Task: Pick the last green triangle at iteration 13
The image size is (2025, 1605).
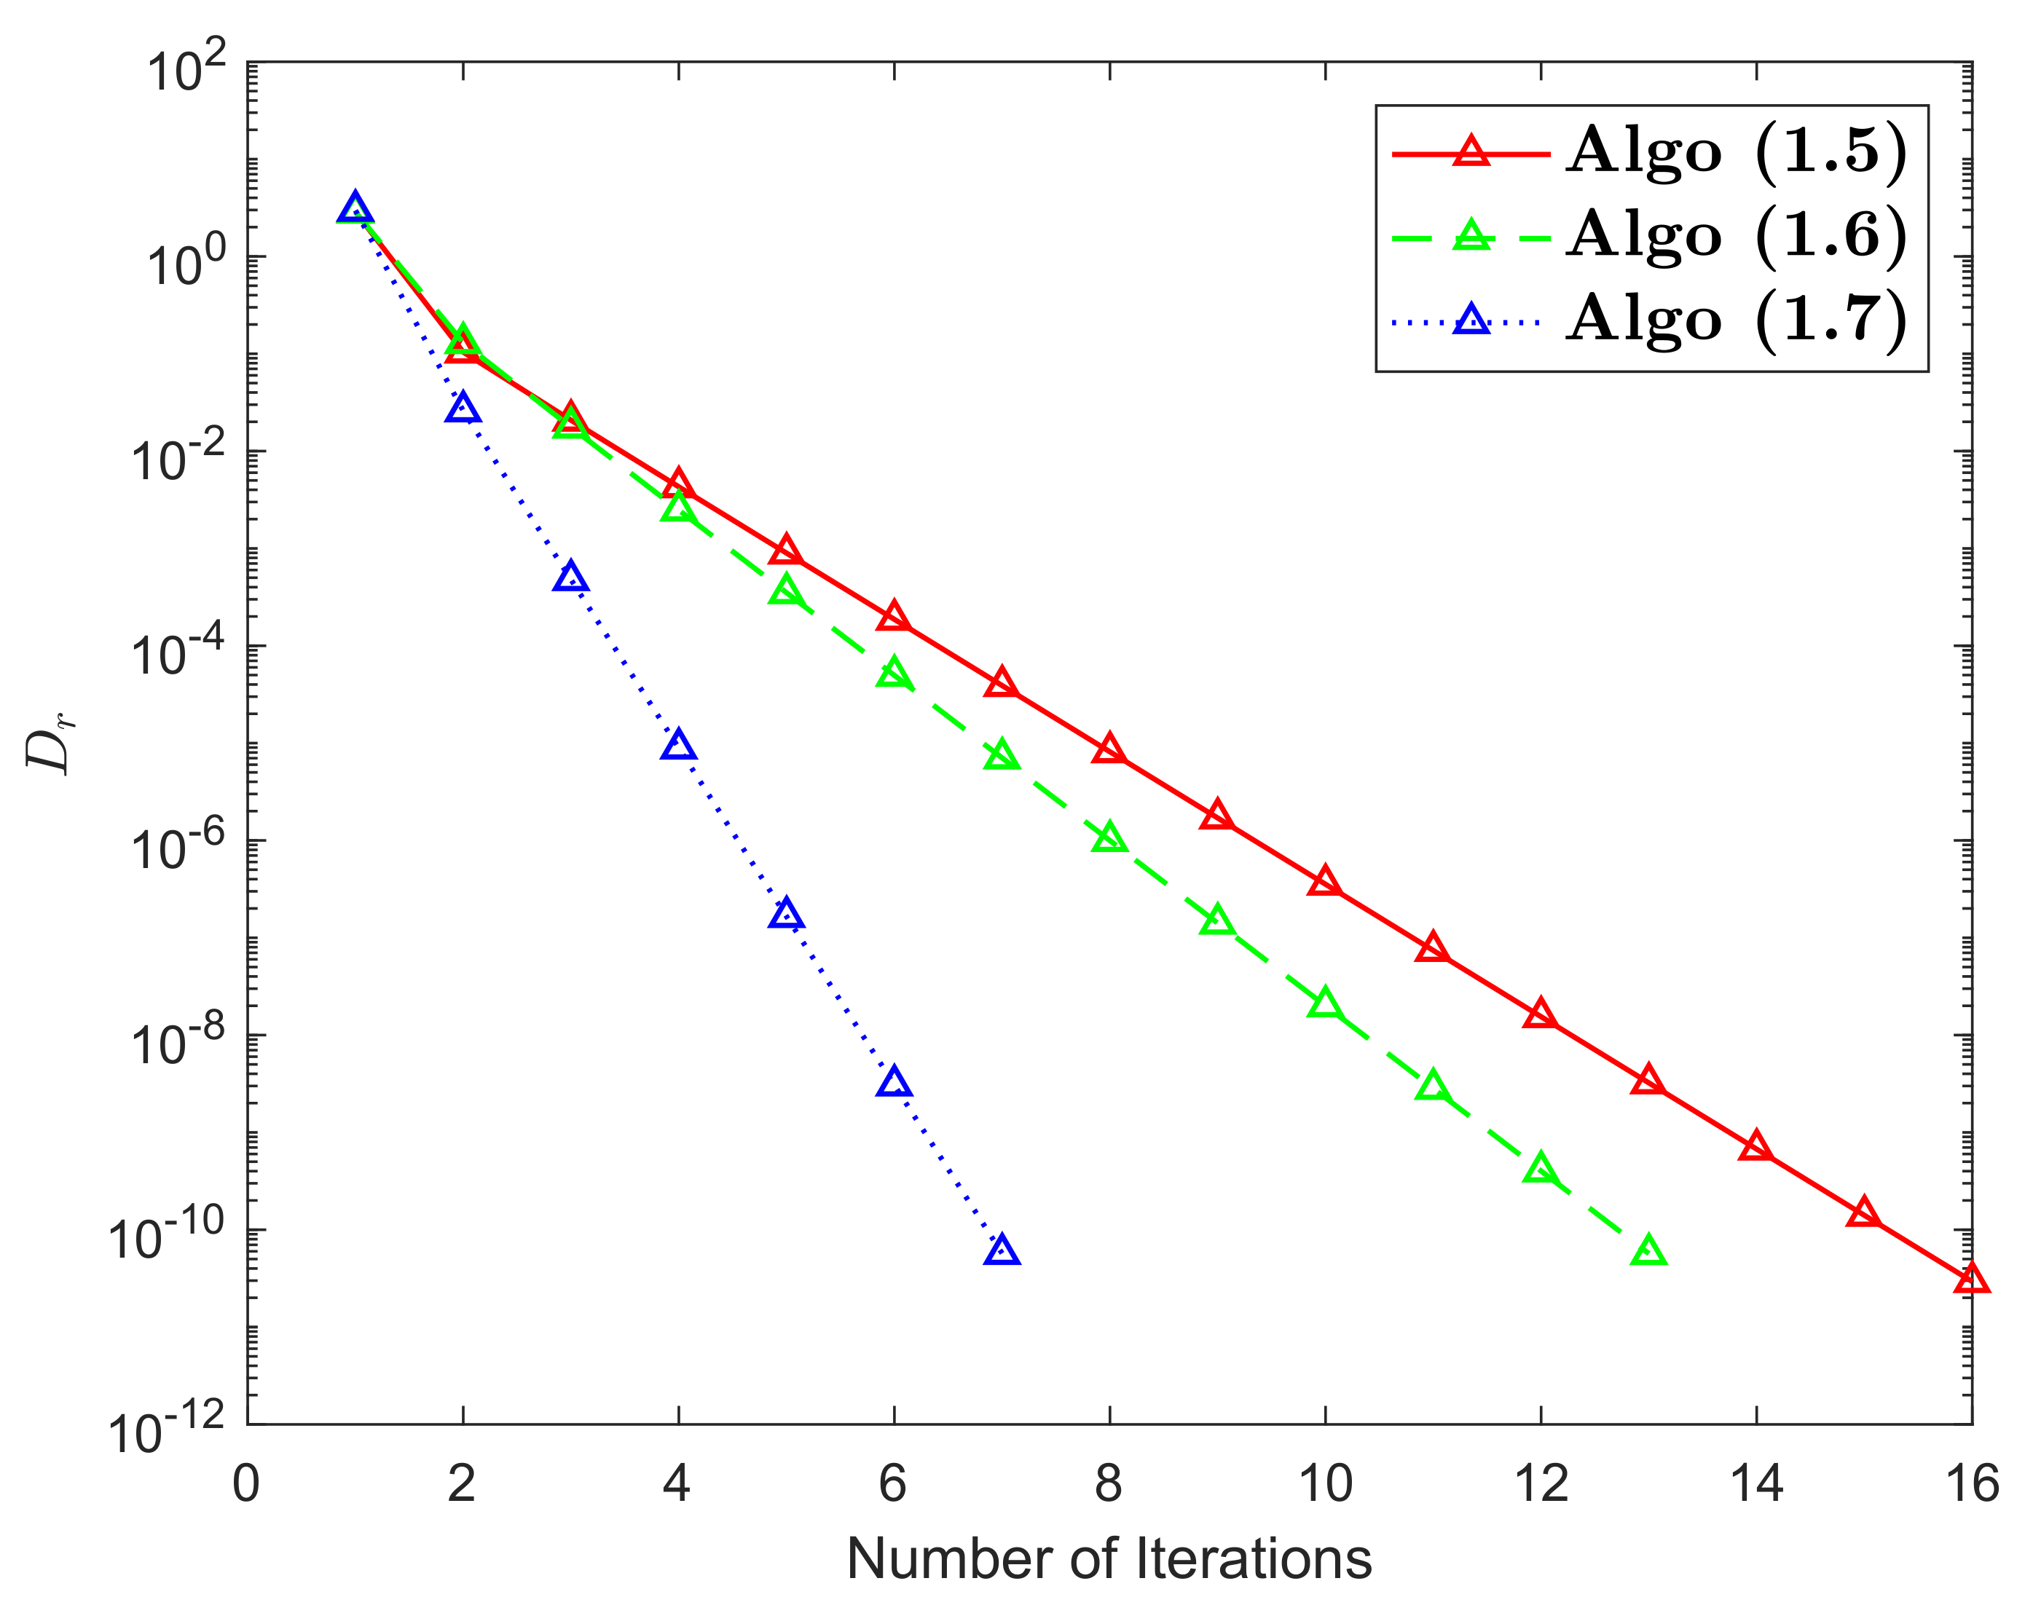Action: (1648, 1251)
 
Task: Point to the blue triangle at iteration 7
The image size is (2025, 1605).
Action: (1002, 1251)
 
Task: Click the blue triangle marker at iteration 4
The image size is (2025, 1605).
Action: (678, 746)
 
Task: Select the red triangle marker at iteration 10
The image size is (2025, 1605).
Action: (1324, 882)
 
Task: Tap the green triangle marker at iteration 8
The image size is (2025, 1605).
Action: (1109, 837)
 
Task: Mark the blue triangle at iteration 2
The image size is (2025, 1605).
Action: (462, 409)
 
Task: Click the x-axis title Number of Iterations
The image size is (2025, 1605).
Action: (1109, 1559)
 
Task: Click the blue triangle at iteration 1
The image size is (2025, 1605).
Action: (354, 208)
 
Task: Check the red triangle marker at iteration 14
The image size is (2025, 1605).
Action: (1755, 1148)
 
